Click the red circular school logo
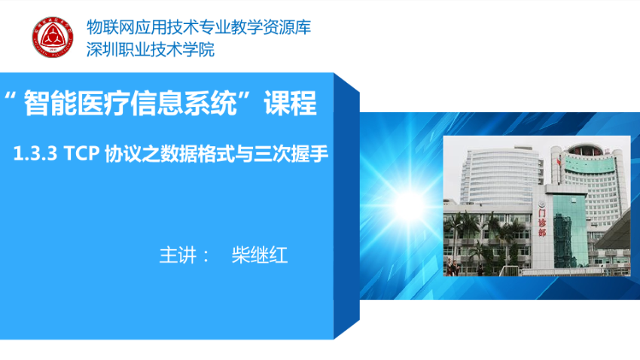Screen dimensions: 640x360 tap(53, 37)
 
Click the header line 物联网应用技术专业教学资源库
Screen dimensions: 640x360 tap(198, 27)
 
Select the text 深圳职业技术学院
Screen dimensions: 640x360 tap(150, 50)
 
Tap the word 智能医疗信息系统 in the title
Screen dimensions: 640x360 tap(130, 103)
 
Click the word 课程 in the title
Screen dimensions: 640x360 tap(290, 103)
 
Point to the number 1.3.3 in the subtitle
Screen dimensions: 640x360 tap(35, 154)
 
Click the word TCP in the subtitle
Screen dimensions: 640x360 tap(81, 154)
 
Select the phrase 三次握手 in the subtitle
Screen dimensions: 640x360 tap(291, 154)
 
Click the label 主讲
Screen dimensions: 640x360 tap(178, 255)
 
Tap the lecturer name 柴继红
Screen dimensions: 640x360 tap(260, 255)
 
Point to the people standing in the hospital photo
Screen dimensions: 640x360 tap(453, 267)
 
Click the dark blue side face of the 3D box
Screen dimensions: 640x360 tap(346, 206)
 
